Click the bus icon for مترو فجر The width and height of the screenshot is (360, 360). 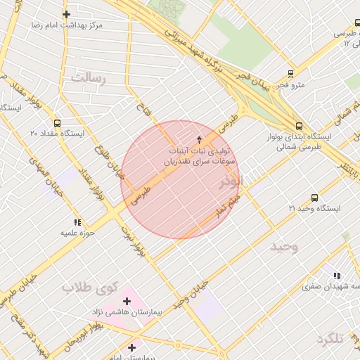291,74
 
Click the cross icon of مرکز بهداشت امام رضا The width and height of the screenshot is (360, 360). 66,14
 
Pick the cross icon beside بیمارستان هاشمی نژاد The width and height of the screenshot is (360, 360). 127,301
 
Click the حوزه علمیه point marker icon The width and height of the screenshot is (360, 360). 77,222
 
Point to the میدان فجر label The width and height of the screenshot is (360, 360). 251,85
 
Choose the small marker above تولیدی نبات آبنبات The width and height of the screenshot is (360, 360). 199,139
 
